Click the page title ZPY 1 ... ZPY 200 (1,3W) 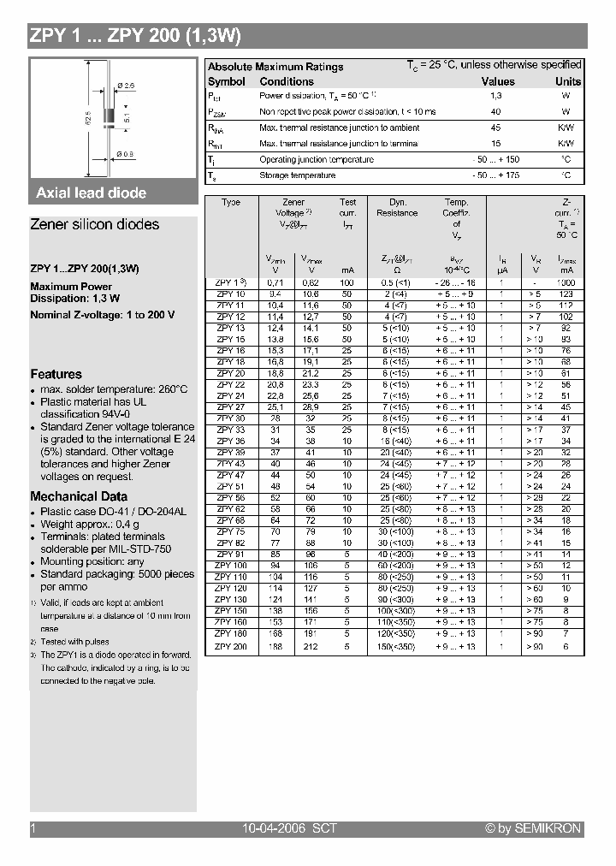(x=136, y=36)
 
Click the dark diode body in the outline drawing (x=109, y=116)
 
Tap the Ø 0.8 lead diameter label (x=125, y=155)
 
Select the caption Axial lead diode (x=92, y=193)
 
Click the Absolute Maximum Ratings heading (x=275, y=67)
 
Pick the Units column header (x=567, y=81)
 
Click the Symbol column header (x=227, y=81)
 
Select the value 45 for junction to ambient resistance (x=495, y=128)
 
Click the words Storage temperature (x=297, y=175)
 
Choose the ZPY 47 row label (x=230, y=474)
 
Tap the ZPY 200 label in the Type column (x=230, y=647)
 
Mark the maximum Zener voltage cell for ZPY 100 (x=310, y=566)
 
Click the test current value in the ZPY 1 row (x=346, y=282)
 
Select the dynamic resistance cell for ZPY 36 (x=397, y=441)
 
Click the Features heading (x=56, y=374)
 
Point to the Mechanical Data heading (x=79, y=496)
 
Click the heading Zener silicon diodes (x=95, y=224)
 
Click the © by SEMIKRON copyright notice (x=532, y=828)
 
